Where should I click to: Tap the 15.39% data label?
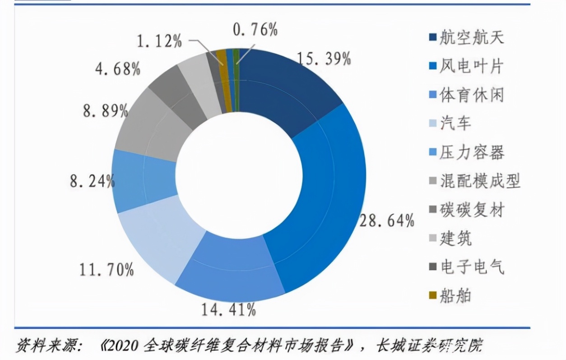coord(324,59)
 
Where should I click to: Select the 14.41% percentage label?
coord(229,310)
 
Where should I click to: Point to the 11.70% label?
coord(107,270)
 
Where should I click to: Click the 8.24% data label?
coord(92,182)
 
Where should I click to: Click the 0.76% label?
coord(255,30)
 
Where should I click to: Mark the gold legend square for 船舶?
coord(432,296)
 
